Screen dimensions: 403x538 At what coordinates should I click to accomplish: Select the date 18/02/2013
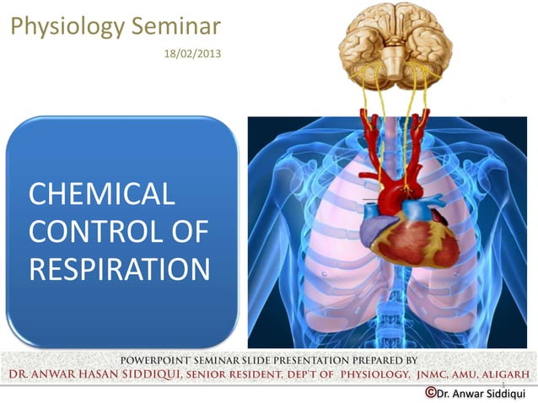(185, 54)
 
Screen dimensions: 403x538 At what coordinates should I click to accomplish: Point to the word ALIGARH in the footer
(502, 373)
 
